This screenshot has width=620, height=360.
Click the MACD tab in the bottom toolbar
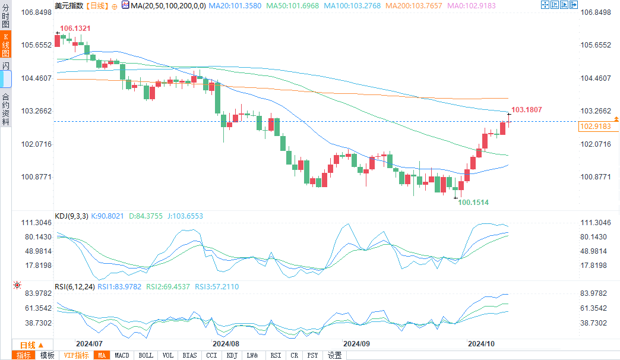[x=122, y=355]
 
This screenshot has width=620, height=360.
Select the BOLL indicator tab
[x=145, y=355]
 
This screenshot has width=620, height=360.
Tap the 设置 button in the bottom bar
[x=335, y=355]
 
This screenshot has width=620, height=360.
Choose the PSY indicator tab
[x=312, y=355]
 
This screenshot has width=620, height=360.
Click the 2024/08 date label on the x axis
[x=226, y=343]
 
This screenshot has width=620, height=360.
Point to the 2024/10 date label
[x=481, y=343]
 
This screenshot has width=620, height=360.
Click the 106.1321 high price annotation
[x=75, y=29]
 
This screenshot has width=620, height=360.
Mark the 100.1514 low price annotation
[x=473, y=203]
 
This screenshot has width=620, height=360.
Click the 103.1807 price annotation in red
[x=527, y=110]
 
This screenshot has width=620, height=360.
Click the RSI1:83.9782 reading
[x=115, y=287]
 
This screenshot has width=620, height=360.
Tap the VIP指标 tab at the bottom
[x=77, y=355]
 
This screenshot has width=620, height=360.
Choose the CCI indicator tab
[x=211, y=355]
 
